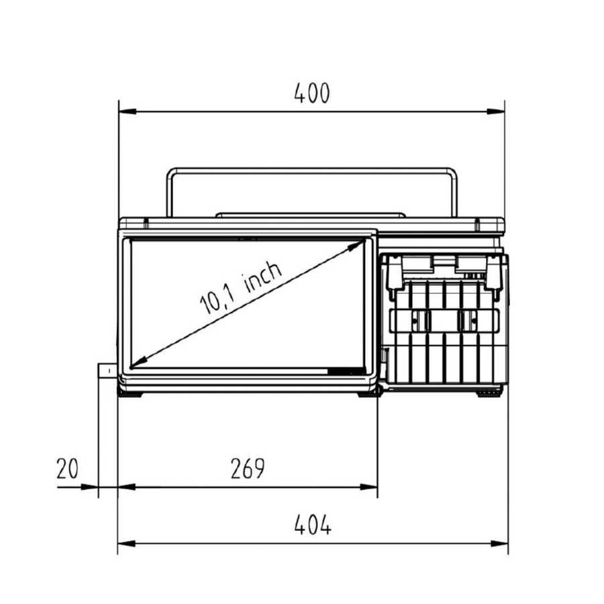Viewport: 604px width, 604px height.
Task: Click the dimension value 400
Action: pos(312,93)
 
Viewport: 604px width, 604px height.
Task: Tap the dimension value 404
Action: pos(313,525)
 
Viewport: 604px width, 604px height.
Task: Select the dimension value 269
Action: pos(248,468)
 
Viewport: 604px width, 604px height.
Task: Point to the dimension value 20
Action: pos(67,468)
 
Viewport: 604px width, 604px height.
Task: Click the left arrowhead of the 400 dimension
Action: pos(128,111)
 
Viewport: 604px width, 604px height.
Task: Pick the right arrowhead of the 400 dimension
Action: pos(496,111)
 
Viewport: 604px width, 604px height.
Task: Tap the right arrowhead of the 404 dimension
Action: pos(499,544)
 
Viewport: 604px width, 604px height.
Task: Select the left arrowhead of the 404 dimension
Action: pos(127,544)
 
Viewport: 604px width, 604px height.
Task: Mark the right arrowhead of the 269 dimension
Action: pos(368,487)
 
